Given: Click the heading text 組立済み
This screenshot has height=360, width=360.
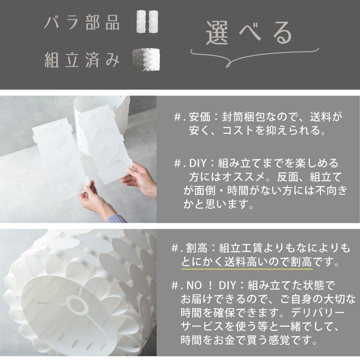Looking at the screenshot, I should (x=82, y=59).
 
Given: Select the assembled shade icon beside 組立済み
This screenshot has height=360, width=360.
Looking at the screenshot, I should (x=147, y=58).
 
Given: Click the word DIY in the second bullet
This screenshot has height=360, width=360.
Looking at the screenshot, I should (x=196, y=162).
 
